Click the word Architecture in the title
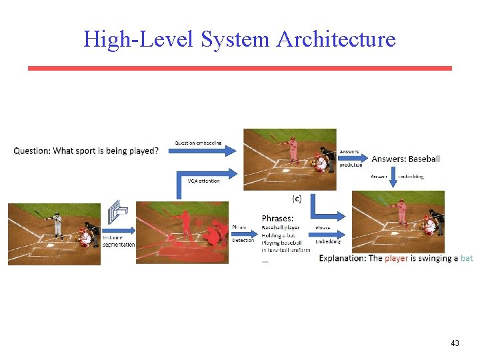(x=336, y=39)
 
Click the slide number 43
(x=455, y=343)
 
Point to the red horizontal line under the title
(x=239, y=68)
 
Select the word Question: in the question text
(x=31, y=151)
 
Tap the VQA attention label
(x=203, y=181)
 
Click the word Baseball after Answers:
(x=424, y=159)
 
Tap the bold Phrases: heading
(x=277, y=218)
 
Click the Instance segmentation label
(x=119, y=241)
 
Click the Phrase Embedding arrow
(x=331, y=234)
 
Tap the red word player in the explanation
(x=396, y=259)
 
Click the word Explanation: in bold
(x=343, y=259)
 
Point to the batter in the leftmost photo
(x=57, y=225)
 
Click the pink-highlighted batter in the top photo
(x=292, y=150)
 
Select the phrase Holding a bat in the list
(x=279, y=235)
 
